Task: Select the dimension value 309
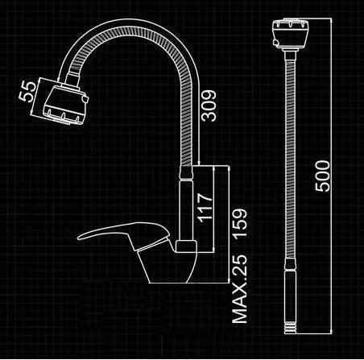tap(209, 106)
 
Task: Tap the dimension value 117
tap(205, 208)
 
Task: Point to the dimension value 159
tap(240, 223)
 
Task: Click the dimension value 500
tap(322, 176)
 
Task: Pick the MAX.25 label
tap(240, 288)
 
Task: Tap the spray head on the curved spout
tap(65, 105)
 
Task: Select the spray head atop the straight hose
tap(291, 35)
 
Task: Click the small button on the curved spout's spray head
tap(85, 99)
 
